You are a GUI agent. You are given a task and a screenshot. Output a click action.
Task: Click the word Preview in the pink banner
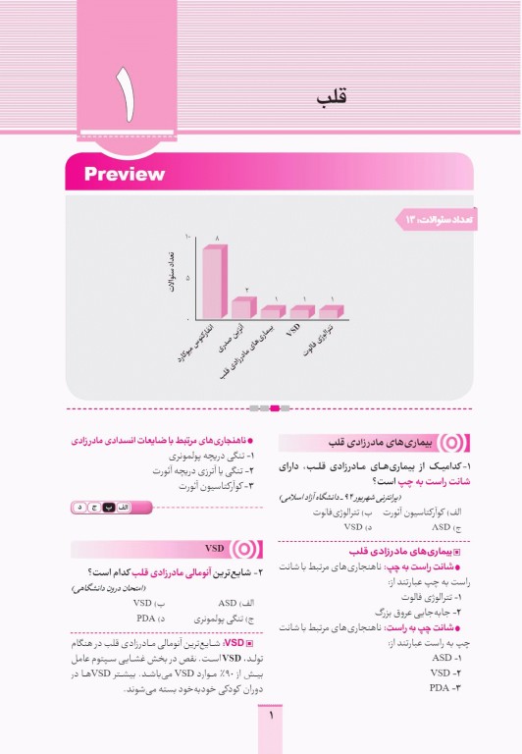coord(124,175)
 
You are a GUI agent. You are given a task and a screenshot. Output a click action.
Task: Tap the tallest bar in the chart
coord(214,281)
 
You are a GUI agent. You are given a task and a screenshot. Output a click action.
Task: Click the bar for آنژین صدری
coord(242,306)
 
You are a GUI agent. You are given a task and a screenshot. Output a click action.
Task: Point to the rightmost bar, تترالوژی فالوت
coord(333,312)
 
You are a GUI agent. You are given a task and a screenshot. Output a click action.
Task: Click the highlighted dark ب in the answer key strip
coord(110,507)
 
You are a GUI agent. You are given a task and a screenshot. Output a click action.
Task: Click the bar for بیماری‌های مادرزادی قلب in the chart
coord(272,312)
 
